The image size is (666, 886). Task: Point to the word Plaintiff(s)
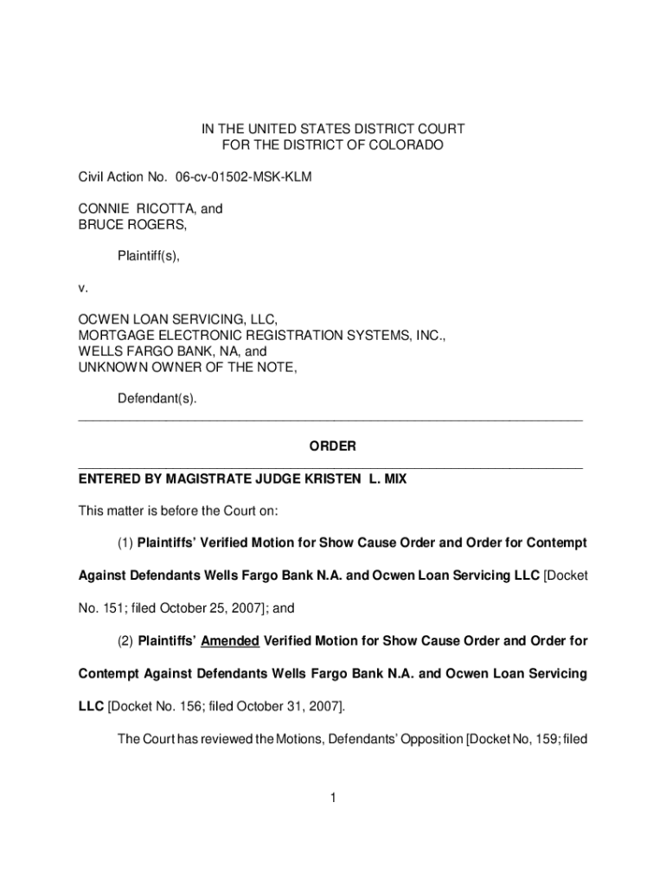(148, 256)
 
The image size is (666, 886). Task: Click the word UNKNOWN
(110, 368)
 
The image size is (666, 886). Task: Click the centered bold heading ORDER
(333, 446)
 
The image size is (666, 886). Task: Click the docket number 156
(189, 706)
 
